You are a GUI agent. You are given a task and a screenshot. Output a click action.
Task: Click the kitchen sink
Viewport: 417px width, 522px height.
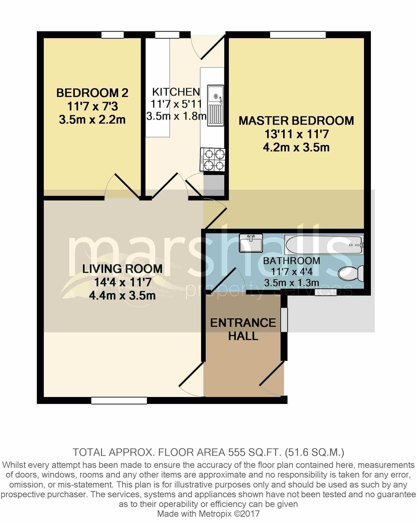(x=215, y=106)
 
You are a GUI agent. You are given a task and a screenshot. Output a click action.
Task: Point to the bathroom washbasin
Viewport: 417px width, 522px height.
(x=251, y=243)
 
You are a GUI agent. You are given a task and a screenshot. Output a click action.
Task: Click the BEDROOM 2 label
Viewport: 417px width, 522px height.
(x=92, y=93)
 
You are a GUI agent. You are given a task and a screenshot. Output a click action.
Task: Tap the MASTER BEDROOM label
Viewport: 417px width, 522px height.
(x=296, y=121)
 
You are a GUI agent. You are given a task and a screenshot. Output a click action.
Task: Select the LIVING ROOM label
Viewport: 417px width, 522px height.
(x=122, y=269)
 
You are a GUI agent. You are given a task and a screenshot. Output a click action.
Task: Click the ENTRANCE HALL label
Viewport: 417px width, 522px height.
(x=243, y=329)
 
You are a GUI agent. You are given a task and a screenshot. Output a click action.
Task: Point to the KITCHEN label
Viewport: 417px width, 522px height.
(x=176, y=92)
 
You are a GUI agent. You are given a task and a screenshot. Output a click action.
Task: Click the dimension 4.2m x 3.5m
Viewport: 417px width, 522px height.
(x=296, y=147)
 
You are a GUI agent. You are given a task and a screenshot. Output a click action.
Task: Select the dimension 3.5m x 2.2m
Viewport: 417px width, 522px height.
(x=92, y=119)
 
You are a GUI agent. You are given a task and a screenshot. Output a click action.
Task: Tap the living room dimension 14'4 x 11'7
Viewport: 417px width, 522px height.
(x=122, y=282)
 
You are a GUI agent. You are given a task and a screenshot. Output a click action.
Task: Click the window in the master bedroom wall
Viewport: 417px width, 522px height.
(x=298, y=35)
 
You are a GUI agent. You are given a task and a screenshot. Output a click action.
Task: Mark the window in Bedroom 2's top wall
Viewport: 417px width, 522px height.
(x=113, y=35)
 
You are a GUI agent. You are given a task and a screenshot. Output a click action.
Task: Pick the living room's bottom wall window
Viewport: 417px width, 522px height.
(x=119, y=400)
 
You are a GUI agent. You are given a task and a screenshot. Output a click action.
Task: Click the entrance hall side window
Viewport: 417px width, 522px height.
(x=284, y=320)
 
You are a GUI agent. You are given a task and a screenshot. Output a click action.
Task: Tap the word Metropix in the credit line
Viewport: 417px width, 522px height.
(x=215, y=514)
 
